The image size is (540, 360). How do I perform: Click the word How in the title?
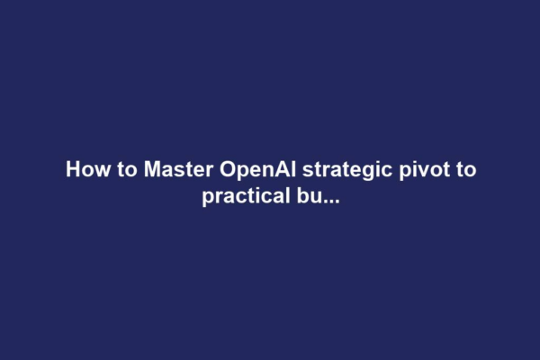point(84,170)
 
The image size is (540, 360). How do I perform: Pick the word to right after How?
point(118,170)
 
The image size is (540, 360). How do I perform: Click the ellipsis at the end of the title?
point(330,200)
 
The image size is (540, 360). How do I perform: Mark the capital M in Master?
point(140,170)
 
